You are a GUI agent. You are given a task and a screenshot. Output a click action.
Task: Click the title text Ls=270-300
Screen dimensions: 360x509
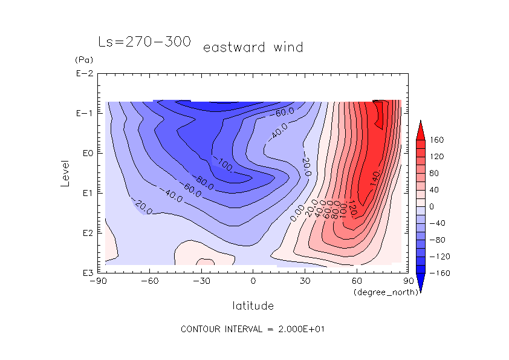[x=144, y=42]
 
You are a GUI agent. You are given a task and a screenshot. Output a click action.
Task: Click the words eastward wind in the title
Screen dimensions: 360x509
[x=253, y=47]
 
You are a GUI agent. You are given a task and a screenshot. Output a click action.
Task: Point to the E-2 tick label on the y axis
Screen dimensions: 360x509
[x=83, y=74]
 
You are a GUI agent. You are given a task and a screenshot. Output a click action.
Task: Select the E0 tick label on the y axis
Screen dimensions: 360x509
[x=85, y=153]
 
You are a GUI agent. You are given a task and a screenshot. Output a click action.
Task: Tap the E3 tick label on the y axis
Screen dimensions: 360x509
[x=85, y=272]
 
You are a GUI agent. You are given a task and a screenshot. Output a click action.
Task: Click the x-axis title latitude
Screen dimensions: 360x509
[x=253, y=306]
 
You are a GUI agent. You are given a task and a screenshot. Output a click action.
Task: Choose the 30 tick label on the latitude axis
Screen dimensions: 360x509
[x=305, y=281]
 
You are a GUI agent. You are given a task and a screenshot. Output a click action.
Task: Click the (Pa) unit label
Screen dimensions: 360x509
[x=82, y=60]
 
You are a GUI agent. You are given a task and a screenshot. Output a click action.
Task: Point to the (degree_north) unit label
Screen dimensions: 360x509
[x=380, y=292]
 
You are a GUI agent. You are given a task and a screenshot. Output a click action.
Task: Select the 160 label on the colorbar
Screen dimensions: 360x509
[x=437, y=140]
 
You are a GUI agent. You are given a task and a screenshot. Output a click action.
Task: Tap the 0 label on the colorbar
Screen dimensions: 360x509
[x=432, y=206]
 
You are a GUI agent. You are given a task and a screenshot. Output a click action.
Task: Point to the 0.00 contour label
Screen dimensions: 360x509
[x=297, y=212]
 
